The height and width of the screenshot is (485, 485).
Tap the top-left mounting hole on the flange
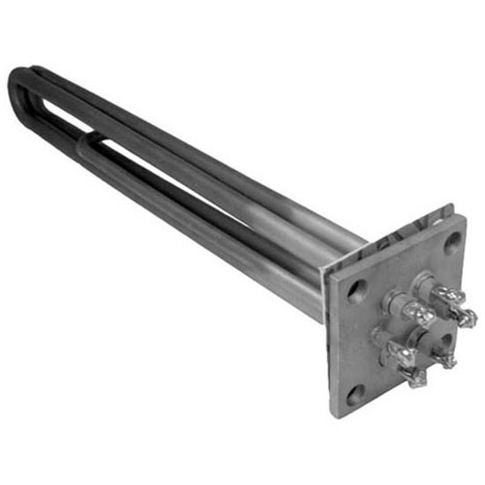click(x=356, y=290)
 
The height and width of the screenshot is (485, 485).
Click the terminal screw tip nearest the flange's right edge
click(x=468, y=317)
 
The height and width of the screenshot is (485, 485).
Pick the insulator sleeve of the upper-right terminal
click(x=427, y=287)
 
